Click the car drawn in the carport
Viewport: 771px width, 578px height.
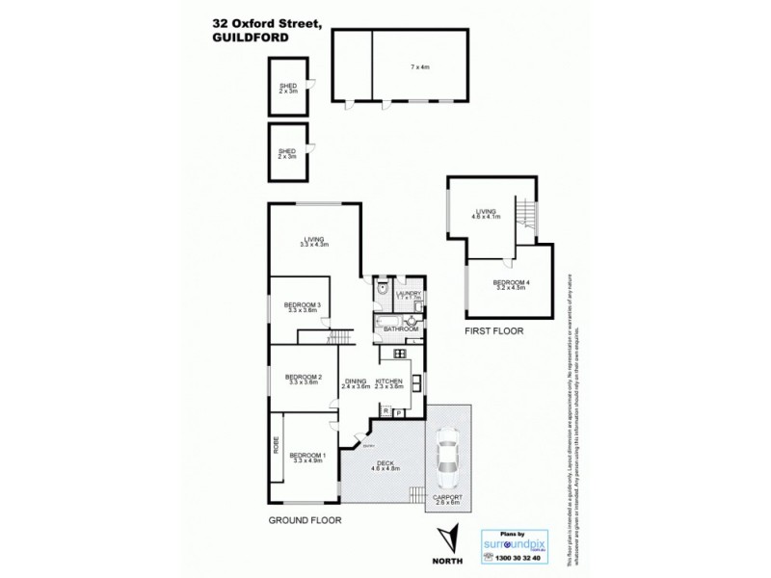pyautogui.click(x=447, y=460)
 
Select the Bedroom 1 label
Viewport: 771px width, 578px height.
pyautogui.click(x=308, y=457)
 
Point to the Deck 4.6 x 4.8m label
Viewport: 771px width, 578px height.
pyautogui.click(x=385, y=466)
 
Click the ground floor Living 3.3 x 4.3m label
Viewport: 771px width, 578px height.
pyautogui.click(x=314, y=243)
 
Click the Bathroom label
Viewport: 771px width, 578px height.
pyautogui.click(x=401, y=328)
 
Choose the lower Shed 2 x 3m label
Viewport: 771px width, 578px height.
pyautogui.click(x=287, y=152)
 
